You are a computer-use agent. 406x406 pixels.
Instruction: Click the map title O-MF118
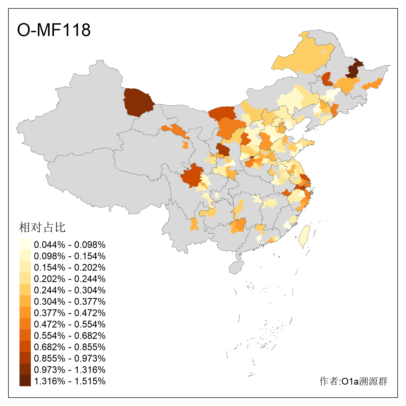(x=54, y=30)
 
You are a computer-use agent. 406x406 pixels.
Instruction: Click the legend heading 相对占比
(x=42, y=227)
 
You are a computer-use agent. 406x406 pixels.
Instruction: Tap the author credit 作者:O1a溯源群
(x=353, y=381)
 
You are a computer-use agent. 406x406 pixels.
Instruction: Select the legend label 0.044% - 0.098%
(x=70, y=245)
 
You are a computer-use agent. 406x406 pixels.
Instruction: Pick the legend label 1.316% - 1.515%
(x=70, y=381)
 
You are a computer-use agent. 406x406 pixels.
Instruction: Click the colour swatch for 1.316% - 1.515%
(x=25, y=381)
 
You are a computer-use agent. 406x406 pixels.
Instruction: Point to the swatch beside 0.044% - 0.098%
(x=25, y=244)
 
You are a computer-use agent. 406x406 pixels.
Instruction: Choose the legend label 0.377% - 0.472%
(x=70, y=313)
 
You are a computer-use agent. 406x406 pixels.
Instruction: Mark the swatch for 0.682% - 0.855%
(x=25, y=346)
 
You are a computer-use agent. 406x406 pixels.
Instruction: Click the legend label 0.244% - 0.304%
(x=70, y=290)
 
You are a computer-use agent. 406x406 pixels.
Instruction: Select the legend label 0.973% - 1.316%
(x=70, y=370)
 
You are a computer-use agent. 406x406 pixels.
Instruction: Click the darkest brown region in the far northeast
(x=354, y=69)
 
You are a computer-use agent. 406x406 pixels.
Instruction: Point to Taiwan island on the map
(x=304, y=235)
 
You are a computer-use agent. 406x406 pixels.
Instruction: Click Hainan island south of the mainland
(x=236, y=267)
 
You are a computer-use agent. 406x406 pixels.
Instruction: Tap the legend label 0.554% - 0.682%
(x=70, y=336)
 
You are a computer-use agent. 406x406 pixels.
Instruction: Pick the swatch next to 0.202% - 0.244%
(x=25, y=278)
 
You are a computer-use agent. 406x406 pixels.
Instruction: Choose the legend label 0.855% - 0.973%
(x=70, y=358)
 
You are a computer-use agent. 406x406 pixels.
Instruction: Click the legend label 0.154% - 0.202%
(x=70, y=267)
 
